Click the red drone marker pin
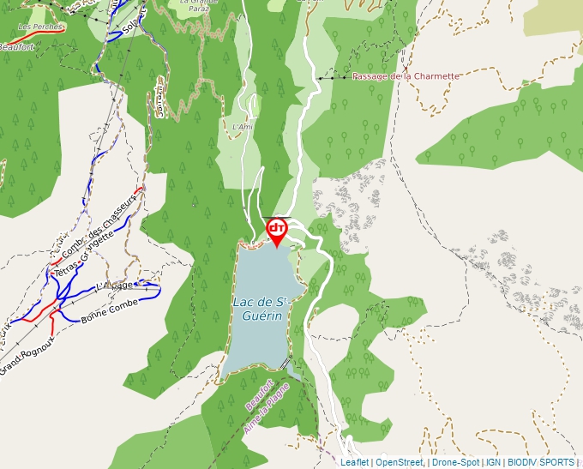277,230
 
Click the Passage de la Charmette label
406,76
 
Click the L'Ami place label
243,127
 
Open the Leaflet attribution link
354,462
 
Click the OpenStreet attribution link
400,462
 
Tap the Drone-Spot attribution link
454,462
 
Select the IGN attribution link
493,462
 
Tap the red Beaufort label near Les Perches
17,47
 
